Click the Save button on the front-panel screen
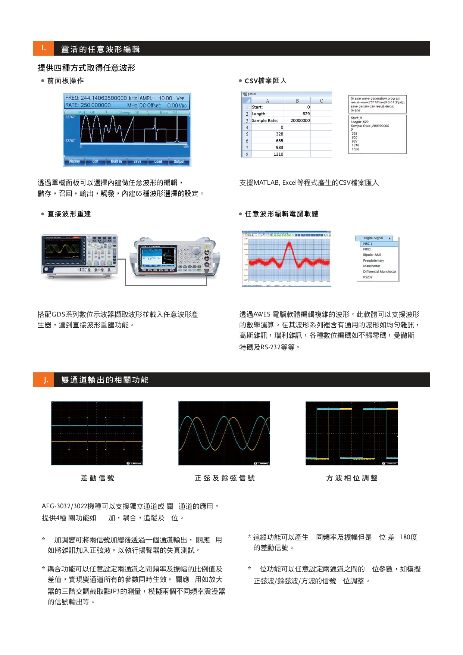[137, 162]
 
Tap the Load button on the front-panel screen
[158, 162]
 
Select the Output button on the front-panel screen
[179, 162]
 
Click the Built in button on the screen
[116, 162]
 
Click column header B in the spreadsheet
[297, 101]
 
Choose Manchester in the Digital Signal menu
[372, 266]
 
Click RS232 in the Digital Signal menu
[368, 277]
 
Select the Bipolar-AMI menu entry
[372, 255]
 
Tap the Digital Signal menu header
[374, 238]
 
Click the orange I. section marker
[44, 48]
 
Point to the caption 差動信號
[97, 478]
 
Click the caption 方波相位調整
[352, 478]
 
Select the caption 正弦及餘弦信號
[225, 478]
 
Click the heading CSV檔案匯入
[265, 81]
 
